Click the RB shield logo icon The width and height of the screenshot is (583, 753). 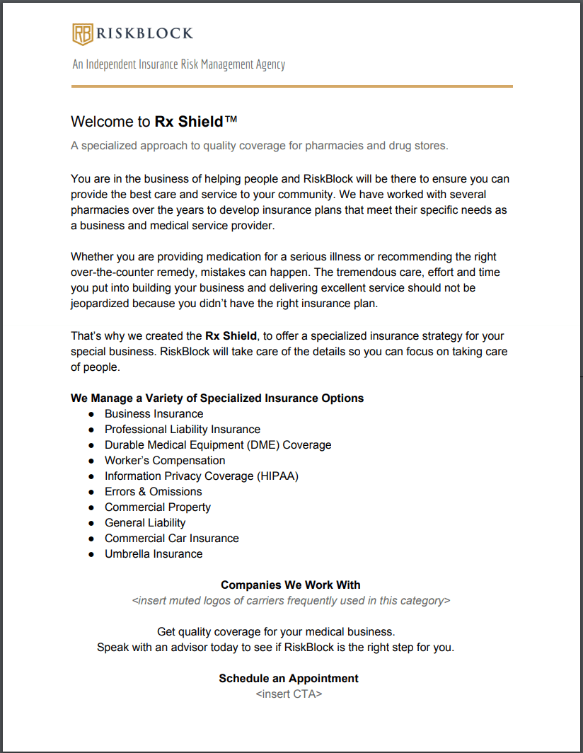pos(83,34)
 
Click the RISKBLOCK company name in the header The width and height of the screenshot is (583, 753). pos(144,33)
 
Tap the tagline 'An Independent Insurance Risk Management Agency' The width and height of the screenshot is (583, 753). pos(178,64)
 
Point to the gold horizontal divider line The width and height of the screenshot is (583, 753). pos(291,86)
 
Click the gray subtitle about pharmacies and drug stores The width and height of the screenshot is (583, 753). pos(260,146)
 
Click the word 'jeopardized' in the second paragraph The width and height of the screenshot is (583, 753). pos(100,303)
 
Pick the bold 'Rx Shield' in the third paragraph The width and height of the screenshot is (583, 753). pos(231,335)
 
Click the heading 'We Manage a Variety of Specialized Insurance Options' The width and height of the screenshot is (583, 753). pos(217,398)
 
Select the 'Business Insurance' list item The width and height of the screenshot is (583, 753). pos(154,413)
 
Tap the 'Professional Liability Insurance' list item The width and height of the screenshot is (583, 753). pos(183,429)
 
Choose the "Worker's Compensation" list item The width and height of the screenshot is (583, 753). pos(165,460)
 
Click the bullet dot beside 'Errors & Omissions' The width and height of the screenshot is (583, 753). pos(91,492)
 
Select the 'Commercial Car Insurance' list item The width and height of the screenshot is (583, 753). pos(172,538)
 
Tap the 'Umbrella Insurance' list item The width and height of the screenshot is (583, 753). pos(154,553)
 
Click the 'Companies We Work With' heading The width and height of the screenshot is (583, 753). pos(291,585)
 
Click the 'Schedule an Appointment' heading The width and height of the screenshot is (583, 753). pos(289,678)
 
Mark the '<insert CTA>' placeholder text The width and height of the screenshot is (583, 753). pos(289,694)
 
